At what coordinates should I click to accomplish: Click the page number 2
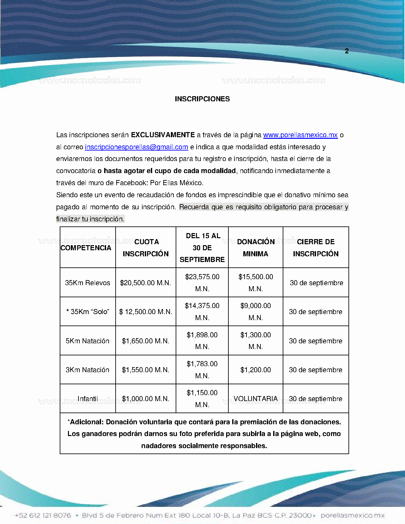tap(347, 51)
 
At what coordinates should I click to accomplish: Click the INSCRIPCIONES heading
tap(202, 99)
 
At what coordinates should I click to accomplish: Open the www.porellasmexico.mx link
tap(300, 135)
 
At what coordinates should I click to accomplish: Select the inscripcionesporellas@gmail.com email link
tap(136, 147)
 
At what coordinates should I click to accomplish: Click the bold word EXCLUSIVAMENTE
tap(163, 135)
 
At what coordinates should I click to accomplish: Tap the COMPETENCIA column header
tap(86, 248)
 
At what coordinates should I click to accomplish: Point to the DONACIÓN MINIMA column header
tap(256, 248)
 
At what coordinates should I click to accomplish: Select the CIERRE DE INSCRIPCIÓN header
tap(316, 248)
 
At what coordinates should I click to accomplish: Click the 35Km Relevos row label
tap(88, 283)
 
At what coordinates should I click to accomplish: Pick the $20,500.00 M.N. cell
tap(145, 283)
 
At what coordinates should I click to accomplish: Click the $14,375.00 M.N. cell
tap(202, 312)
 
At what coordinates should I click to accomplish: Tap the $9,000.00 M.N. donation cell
tap(256, 312)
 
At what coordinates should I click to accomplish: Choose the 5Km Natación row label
tap(88, 341)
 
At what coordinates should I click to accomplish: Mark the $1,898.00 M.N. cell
tap(202, 341)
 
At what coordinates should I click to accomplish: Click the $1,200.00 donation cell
tap(256, 370)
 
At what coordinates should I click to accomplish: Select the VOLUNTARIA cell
tap(256, 399)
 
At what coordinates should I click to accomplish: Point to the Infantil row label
tap(88, 399)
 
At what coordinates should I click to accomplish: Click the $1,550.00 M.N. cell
tap(145, 370)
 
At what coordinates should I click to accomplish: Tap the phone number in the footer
tap(43, 515)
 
